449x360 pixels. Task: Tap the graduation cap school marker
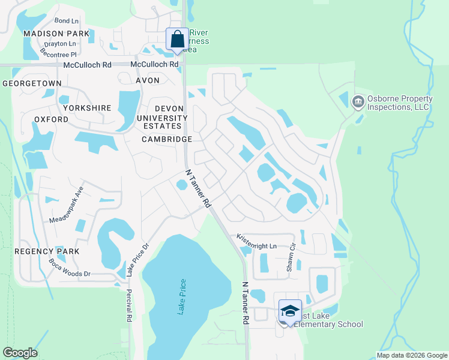tap(290, 311)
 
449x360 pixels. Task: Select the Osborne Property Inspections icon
tap(358, 102)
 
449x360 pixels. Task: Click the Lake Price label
tap(182, 298)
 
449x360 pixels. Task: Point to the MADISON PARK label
tap(56, 34)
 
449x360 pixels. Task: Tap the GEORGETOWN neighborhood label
tap(32, 83)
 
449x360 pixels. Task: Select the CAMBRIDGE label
tap(167, 139)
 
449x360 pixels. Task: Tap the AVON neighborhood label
tap(148, 80)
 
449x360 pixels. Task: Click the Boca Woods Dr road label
tap(69, 268)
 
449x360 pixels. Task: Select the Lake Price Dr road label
tap(137, 259)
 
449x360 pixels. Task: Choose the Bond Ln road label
tap(67, 20)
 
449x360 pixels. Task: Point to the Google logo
tap(20, 353)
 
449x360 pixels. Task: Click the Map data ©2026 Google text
tap(411, 355)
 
